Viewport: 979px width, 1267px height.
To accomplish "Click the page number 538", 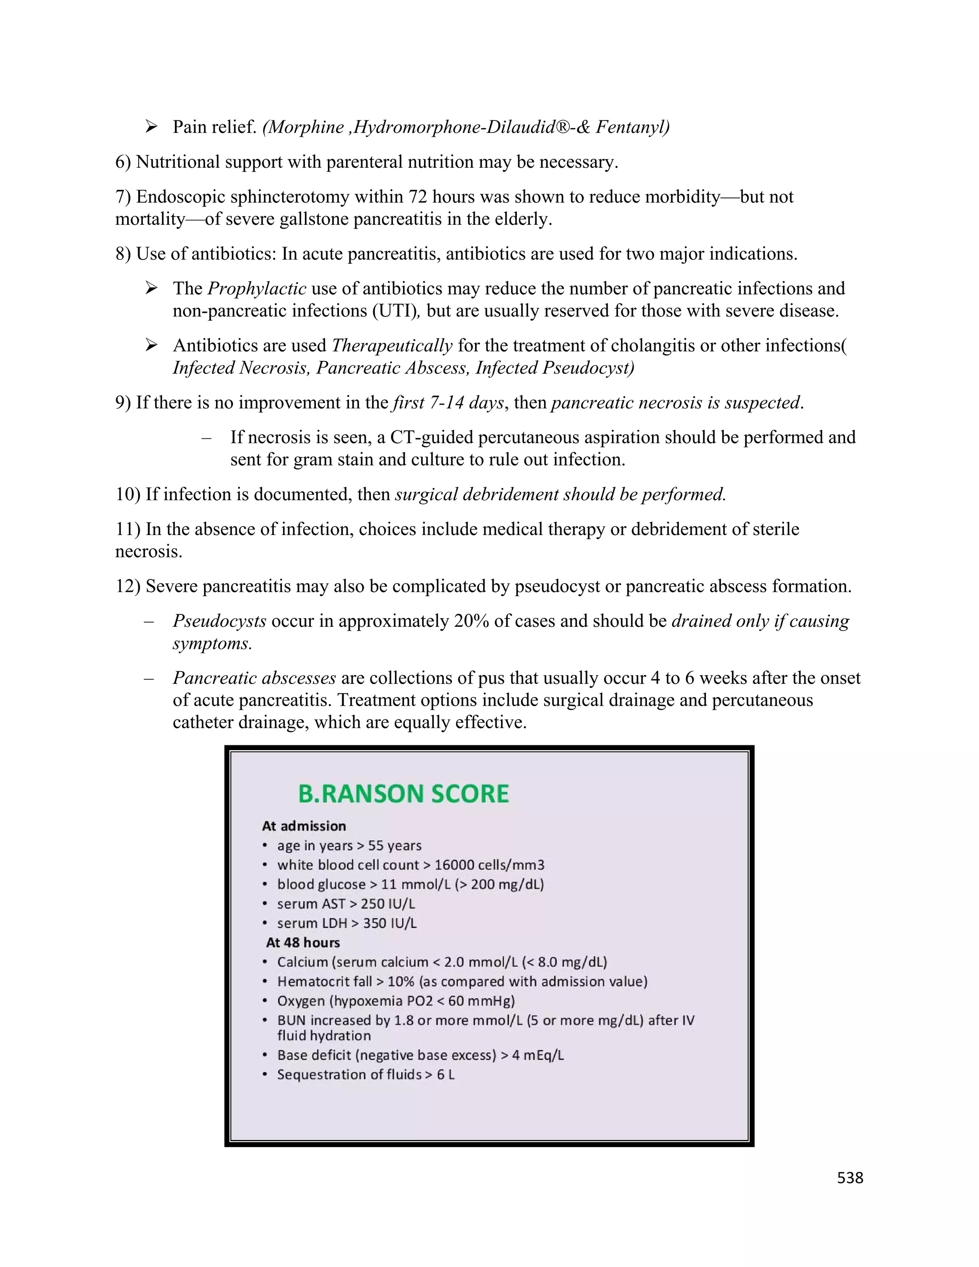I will pos(849,1178).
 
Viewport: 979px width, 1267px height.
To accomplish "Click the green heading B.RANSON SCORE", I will pos(403,794).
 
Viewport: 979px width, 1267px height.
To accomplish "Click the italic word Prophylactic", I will pos(257,288).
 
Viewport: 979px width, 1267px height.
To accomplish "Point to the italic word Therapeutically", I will pos(392,345).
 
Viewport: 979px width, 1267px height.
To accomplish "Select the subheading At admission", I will pos(304,826).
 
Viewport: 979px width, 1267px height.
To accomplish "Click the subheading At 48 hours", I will pos(303,942).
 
